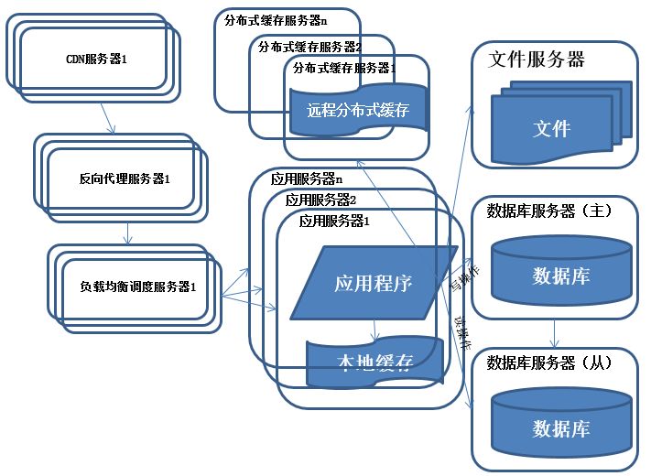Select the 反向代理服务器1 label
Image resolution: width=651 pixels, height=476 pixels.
[125, 178]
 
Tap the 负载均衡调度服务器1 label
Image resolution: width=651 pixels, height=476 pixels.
[138, 287]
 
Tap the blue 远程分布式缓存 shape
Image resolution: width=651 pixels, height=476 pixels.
[357, 111]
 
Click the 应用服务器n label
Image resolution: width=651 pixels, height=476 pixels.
[307, 179]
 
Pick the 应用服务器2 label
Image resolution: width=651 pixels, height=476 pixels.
[320, 200]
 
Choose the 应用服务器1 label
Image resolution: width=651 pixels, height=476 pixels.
[335, 221]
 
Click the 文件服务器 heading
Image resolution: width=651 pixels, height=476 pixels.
[537, 60]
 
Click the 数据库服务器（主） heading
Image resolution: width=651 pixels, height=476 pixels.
[548, 211]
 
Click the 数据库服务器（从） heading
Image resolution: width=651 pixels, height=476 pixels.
[548, 362]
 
